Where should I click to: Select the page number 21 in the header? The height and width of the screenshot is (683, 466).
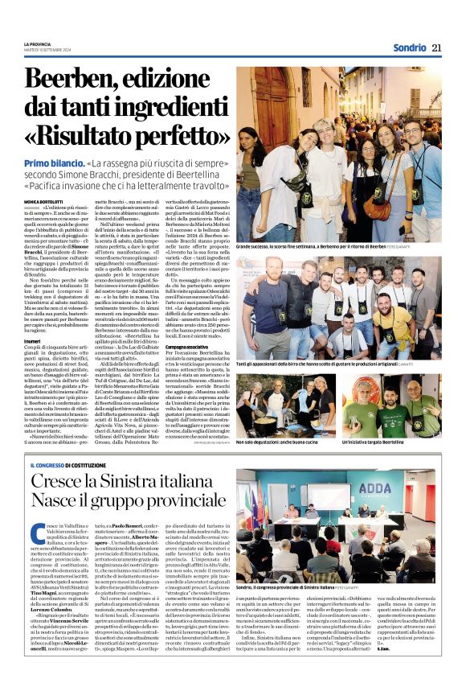(x=436, y=47)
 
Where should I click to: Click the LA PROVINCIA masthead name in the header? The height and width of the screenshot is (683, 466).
(x=37, y=43)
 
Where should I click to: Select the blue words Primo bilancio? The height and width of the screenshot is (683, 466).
(x=51, y=163)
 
